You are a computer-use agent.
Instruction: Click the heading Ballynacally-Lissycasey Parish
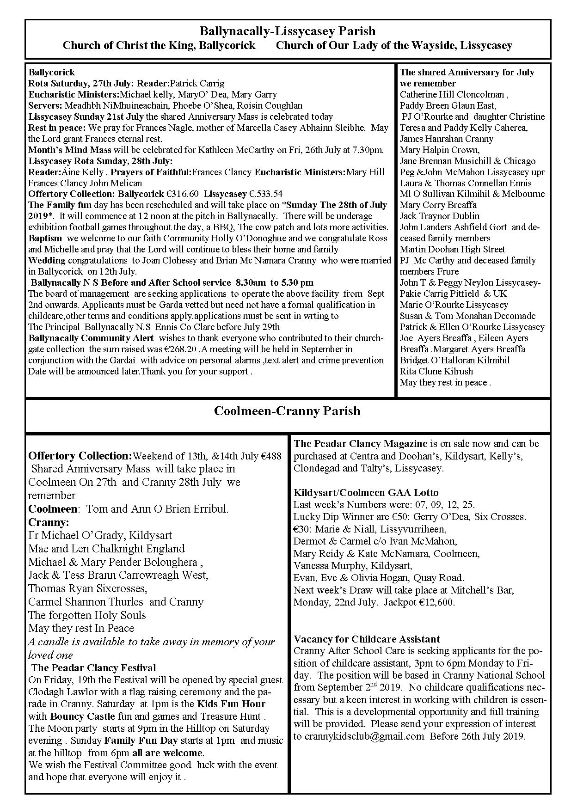[x=287, y=31]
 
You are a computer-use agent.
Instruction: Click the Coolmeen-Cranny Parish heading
[x=287, y=411]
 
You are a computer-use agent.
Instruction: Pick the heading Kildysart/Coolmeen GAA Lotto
[x=366, y=493]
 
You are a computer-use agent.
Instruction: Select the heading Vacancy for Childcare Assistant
[x=367, y=639]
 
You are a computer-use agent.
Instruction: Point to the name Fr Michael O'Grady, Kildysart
[x=100, y=535]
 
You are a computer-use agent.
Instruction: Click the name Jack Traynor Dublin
[x=439, y=216]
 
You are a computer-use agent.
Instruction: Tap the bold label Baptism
[x=45, y=238]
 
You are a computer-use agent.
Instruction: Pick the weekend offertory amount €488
[x=271, y=456]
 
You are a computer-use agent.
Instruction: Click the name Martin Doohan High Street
[x=452, y=249]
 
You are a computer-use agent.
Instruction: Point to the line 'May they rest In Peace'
[x=81, y=628]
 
